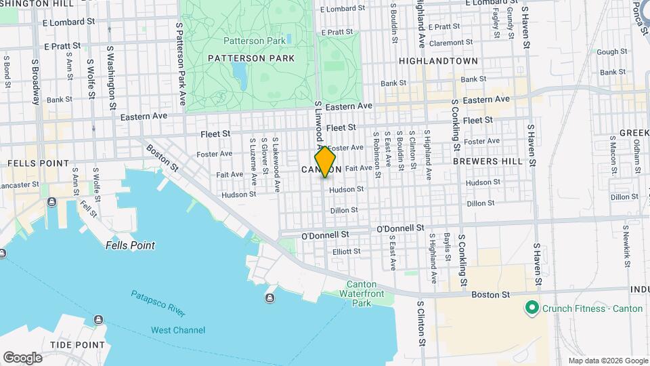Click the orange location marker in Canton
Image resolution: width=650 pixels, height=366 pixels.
click(x=325, y=163)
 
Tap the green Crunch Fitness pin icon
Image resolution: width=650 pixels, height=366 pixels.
click(x=532, y=308)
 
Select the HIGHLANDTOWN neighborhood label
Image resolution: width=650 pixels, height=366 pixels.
click(x=438, y=61)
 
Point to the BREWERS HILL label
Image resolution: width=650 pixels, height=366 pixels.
click(x=487, y=161)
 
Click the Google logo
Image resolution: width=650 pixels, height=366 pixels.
click(x=22, y=358)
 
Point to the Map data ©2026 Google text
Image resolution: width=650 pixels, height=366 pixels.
click(x=607, y=361)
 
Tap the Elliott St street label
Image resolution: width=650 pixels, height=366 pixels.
click(x=347, y=251)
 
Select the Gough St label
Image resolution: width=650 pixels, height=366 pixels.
click(x=612, y=52)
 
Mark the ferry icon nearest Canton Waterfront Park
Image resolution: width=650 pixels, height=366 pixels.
click(x=270, y=298)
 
